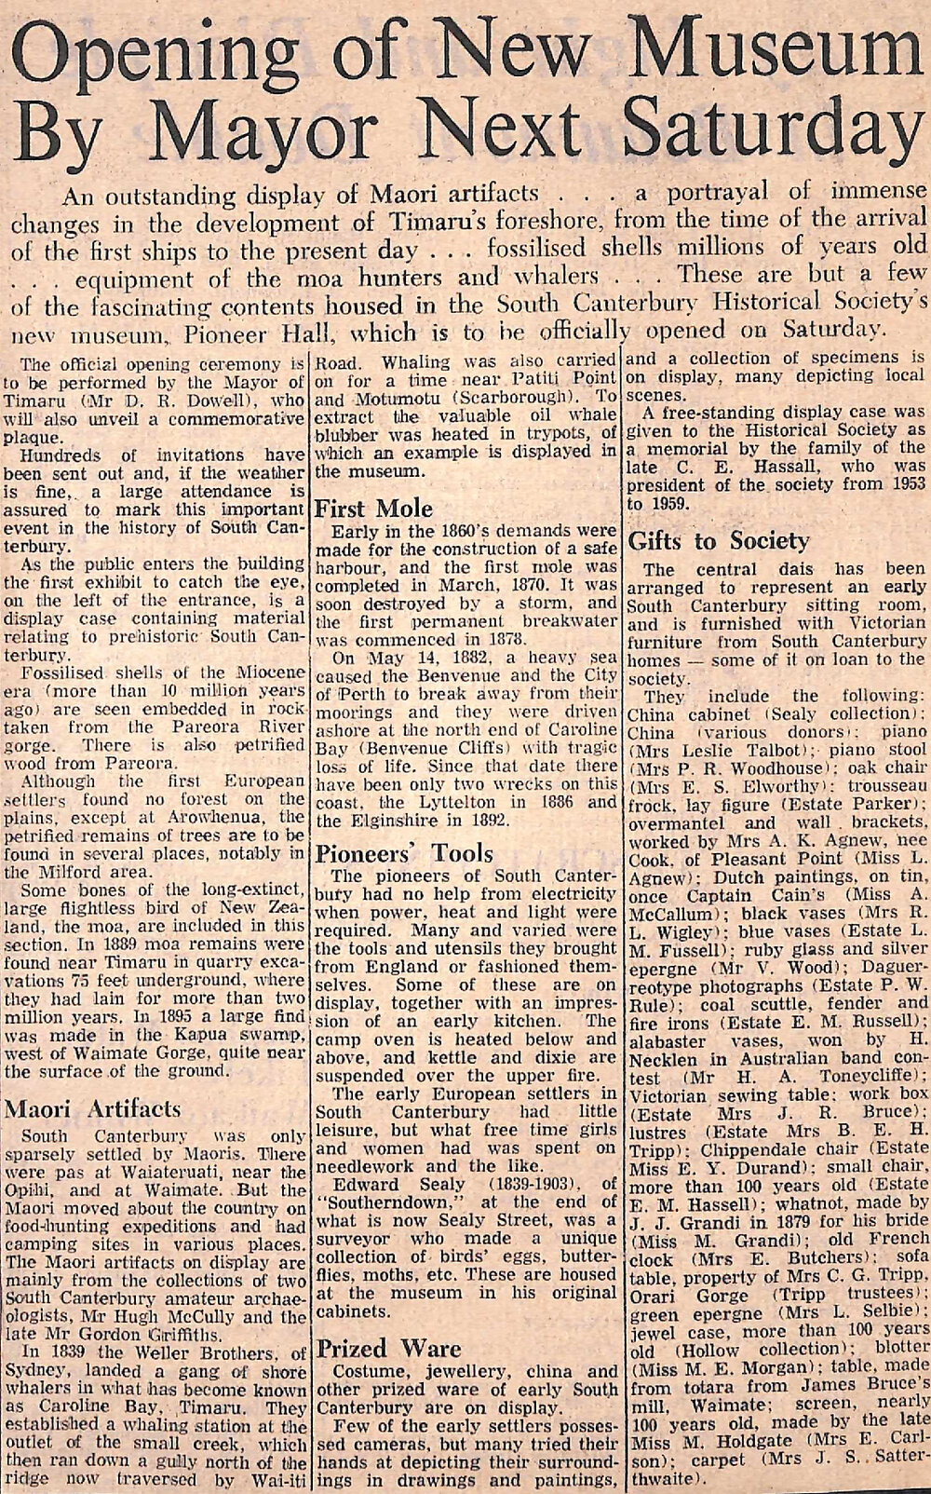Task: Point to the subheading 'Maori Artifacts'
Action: coord(93,1108)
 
